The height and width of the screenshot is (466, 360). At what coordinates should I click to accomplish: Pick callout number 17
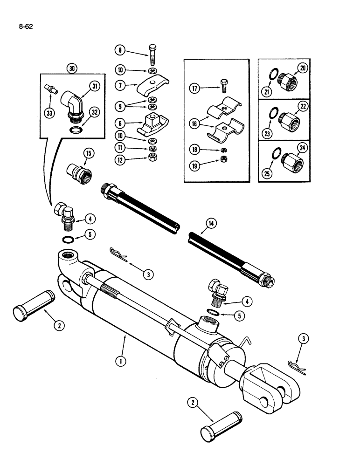point(195,88)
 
